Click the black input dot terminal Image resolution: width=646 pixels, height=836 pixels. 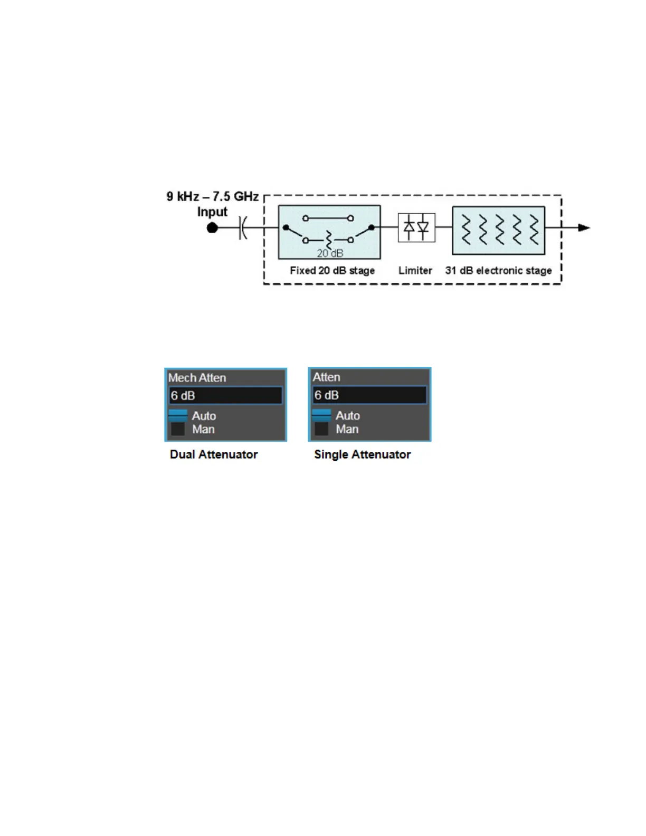[x=212, y=228]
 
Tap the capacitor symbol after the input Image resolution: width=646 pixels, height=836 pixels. [x=242, y=228]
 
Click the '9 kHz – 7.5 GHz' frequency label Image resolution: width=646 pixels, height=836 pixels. [x=212, y=197]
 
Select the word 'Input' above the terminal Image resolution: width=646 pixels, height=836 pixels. [x=212, y=212]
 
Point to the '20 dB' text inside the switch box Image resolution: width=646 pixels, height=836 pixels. [x=330, y=253]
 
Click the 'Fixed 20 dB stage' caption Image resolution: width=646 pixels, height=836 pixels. [x=332, y=271]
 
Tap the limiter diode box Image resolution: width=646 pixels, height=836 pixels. [x=416, y=227]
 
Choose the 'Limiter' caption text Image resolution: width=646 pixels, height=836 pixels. [x=415, y=271]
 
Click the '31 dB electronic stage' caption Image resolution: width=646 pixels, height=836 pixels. [x=498, y=271]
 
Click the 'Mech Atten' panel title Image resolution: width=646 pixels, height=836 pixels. [x=197, y=378]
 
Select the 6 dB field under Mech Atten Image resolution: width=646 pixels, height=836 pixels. [x=225, y=396]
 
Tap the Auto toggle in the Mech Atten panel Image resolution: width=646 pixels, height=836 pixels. [x=178, y=415]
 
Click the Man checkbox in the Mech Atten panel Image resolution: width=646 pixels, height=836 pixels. [x=178, y=429]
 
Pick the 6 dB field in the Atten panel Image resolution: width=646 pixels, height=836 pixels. [x=369, y=395]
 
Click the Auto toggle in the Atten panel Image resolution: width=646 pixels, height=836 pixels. [x=321, y=415]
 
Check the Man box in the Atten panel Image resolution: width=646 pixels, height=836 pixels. [x=321, y=429]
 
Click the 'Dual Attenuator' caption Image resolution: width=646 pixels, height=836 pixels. [x=214, y=454]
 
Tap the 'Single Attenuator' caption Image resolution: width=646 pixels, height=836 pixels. [x=362, y=454]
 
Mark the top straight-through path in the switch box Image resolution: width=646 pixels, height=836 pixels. [x=328, y=218]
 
